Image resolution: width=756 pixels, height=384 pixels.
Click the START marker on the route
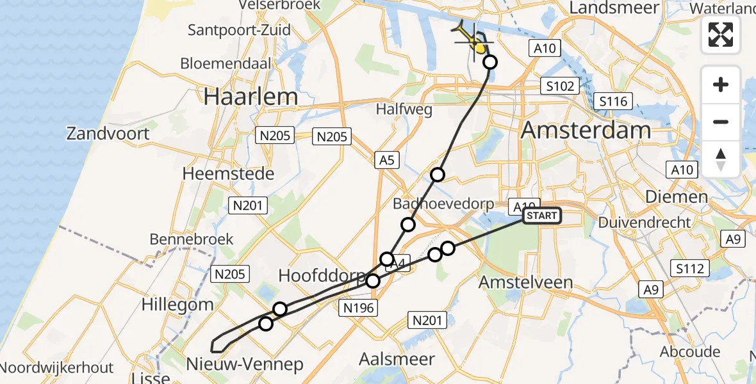click(542, 216)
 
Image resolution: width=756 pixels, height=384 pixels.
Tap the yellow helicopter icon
click(472, 38)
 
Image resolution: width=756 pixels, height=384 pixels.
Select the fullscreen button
click(721, 34)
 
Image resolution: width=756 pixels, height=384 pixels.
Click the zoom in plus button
click(721, 84)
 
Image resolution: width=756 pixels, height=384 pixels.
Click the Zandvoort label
click(108, 134)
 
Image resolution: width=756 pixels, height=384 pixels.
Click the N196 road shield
click(358, 308)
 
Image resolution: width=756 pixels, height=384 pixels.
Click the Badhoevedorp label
click(443, 204)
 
